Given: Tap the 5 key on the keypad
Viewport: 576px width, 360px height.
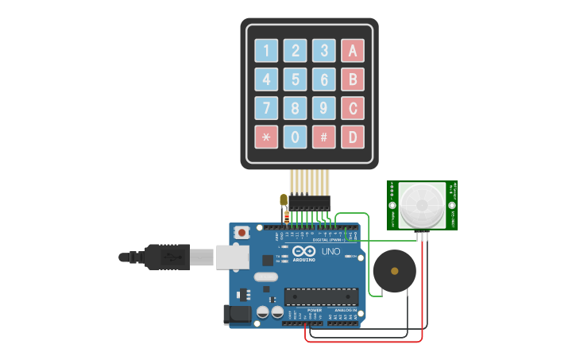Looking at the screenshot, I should [x=295, y=79].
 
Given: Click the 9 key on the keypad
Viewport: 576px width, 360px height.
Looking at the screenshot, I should [x=323, y=108].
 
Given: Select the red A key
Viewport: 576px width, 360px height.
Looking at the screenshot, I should [x=353, y=51].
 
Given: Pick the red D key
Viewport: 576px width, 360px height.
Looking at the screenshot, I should [x=353, y=137].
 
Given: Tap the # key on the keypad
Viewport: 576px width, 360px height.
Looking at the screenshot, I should [x=323, y=137].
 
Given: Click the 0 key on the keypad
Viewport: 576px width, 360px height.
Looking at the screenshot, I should [x=295, y=137].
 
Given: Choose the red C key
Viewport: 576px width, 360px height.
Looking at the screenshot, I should [x=353, y=108].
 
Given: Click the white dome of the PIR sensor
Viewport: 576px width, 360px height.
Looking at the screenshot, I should [x=422, y=205].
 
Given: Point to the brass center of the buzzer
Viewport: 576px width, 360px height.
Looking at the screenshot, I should [x=394, y=271].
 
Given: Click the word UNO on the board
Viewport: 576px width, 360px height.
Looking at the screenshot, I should [x=331, y=252].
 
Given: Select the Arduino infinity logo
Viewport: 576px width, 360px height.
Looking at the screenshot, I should [x=304, y=251].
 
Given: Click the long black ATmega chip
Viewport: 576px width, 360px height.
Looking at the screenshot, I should [x=321, y=296].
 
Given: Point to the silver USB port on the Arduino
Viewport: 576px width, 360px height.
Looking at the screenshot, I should [x=233, y=257].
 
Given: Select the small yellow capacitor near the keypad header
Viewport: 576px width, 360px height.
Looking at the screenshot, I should [x=284, y=199].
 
